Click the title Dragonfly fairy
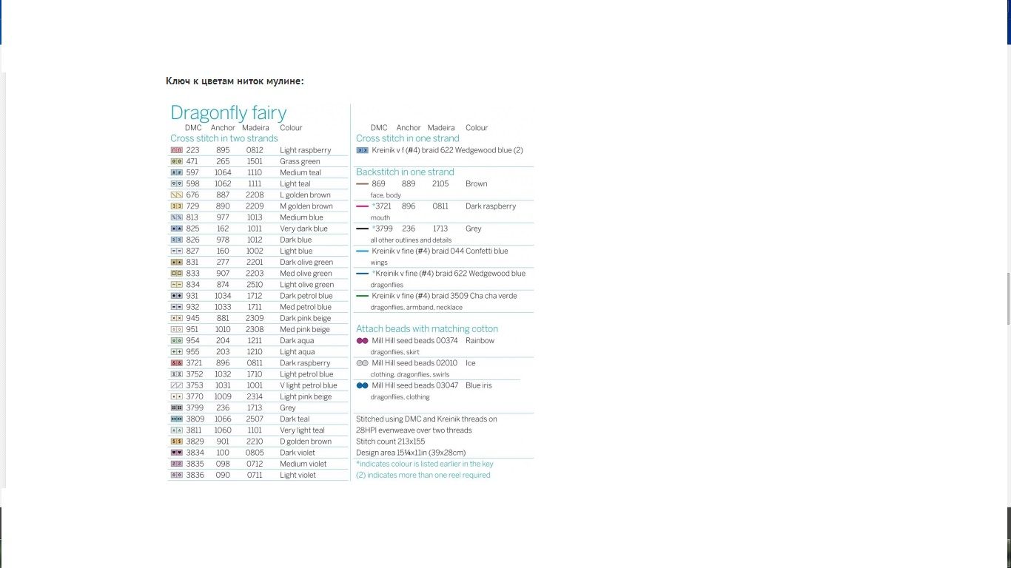click(x=228, y=112)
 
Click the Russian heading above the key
click(x=235, y=81)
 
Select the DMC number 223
click(x=192, y=150)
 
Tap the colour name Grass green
click(x=300, y=161)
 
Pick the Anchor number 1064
click(x=223, y=172)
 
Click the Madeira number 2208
click(x=255, y=195)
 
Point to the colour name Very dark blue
click(x=303, y=229)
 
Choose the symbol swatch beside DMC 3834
click(x=176, y=453)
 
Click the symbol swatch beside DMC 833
click(x=176, y=274)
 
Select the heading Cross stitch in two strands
click(x=224, y=138)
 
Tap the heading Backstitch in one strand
click(x=405, y=172)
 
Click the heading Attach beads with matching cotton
click(x=427, y=328)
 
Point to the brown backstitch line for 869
click(x=362, y=183)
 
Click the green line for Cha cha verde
click(x=362, y=296)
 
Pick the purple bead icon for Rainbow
click(x=362, y=341)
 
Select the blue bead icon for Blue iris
click(x=362, y=385)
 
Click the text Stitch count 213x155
click(x=390, y=442)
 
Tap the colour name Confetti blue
click(x=486, y=251)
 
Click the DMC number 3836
click(x=195, y=475)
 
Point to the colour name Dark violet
click(x=298, y=453)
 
